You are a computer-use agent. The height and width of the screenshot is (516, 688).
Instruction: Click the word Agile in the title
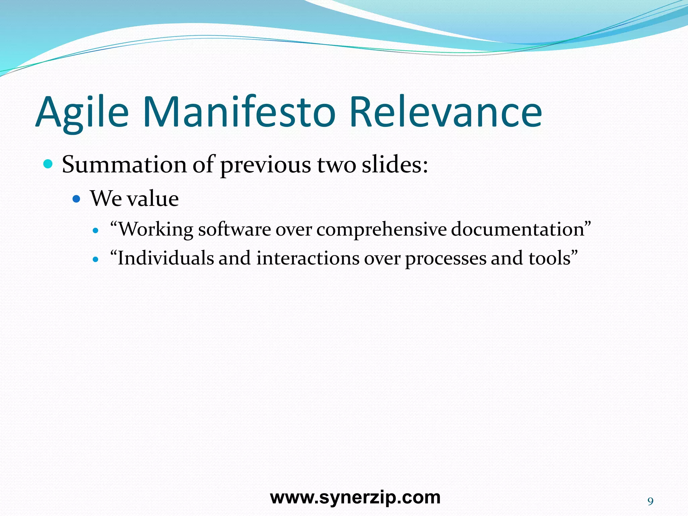point(82,113)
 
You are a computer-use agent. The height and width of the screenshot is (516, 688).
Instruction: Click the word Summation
point(124,165)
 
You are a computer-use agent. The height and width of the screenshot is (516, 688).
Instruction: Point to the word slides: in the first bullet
point(395,165)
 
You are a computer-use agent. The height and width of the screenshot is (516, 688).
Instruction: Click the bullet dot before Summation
point(48,164)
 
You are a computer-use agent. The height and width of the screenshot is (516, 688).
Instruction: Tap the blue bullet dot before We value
point(77,199)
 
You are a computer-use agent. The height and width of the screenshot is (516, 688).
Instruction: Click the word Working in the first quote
point(156,230)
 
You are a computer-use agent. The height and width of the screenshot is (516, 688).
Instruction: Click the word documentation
point(518,230)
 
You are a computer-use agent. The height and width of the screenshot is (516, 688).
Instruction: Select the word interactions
point(308,259)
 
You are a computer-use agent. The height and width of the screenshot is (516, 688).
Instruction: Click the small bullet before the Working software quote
point(96,231)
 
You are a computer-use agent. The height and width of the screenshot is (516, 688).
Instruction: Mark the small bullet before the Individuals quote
point(96,260)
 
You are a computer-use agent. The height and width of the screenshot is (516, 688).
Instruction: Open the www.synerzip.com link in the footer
point(355,498)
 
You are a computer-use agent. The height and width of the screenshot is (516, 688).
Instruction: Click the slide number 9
point(650,502)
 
